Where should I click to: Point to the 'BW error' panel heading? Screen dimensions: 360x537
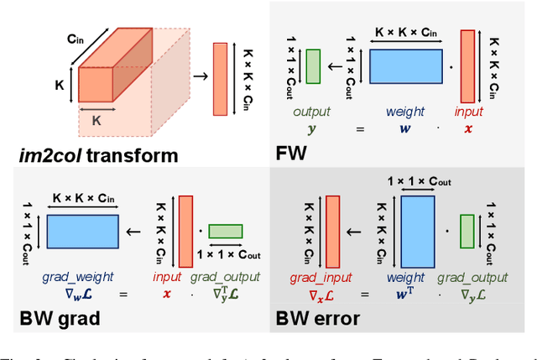(x=320, y=319)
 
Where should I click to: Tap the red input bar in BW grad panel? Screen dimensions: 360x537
(x=186, y=231)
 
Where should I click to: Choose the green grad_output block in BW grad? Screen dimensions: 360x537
(x=226, y=232)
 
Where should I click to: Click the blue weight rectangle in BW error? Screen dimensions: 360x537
(x=418, y=231)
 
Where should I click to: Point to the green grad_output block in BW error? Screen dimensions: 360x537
(x=467, y=231)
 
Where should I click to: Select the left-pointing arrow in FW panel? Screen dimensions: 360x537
(x=336, y=65)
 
